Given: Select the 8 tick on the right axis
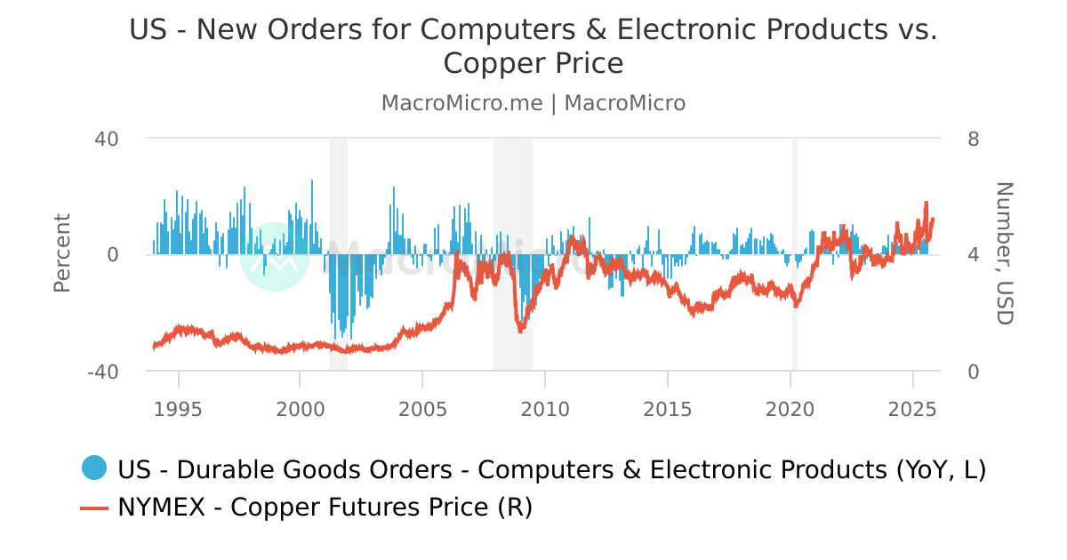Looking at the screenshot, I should coord(974,139).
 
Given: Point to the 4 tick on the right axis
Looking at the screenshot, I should coord(974,255).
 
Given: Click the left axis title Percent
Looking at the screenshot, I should coord(61,253).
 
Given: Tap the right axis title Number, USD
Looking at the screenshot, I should coord(1004,253).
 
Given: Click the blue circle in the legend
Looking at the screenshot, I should coord(93,468).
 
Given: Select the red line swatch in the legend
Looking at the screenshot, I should coord(93,508).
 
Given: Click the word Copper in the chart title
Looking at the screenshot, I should coord(494,64).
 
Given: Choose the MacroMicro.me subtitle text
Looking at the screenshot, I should coord(461,103).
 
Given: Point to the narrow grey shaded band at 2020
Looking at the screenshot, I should coord(795,253).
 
